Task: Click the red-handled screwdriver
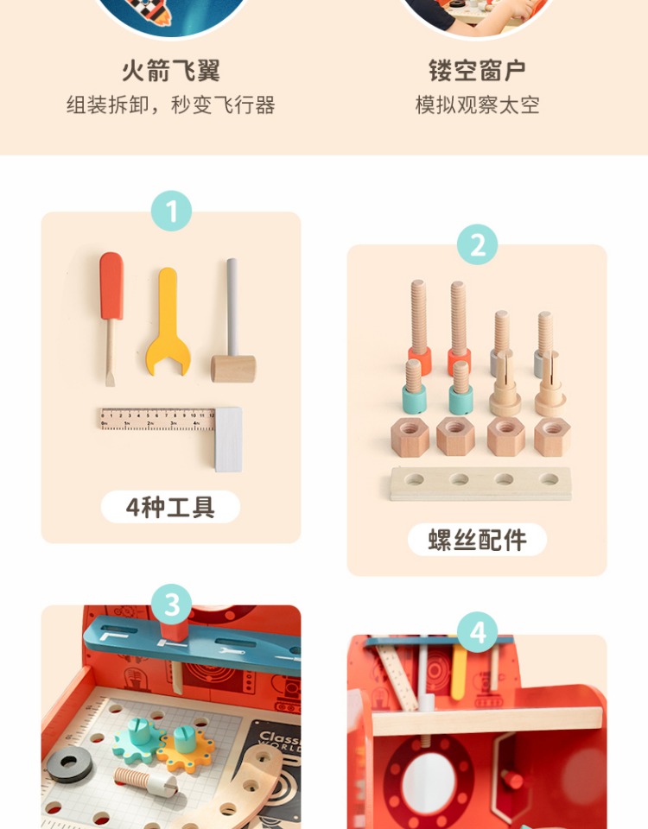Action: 111,317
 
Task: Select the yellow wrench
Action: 168,322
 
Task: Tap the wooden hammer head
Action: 233,369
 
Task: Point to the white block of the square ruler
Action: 228,440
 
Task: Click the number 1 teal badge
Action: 171,211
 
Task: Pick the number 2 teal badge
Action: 478,244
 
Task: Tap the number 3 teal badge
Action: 171,604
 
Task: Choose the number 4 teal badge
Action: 478,632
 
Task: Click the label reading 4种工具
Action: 170,507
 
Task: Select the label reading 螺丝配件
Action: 477,540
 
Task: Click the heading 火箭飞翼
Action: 171,71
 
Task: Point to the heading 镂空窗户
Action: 477,71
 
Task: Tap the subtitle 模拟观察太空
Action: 477,104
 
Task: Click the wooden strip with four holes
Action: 481,484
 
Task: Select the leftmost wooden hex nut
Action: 410,437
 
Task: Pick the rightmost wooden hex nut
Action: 552,437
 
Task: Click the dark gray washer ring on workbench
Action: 69,764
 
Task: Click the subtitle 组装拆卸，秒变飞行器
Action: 171,104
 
